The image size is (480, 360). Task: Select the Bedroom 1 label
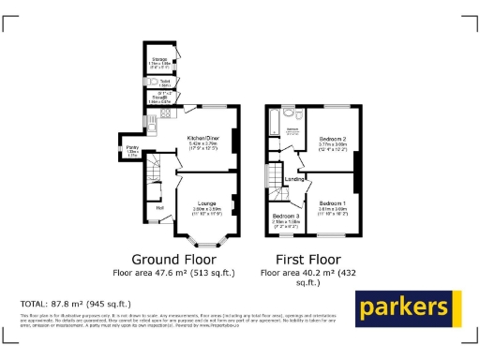click(331, 202)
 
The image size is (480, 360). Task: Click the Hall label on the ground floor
click(159, 207)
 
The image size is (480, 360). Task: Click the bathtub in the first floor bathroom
click(273, 124)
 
